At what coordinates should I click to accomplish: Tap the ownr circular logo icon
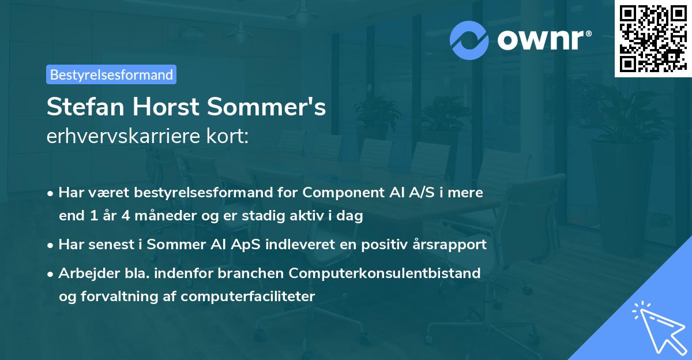click(469, 40)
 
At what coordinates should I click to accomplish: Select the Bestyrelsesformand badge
click(111, 74)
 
